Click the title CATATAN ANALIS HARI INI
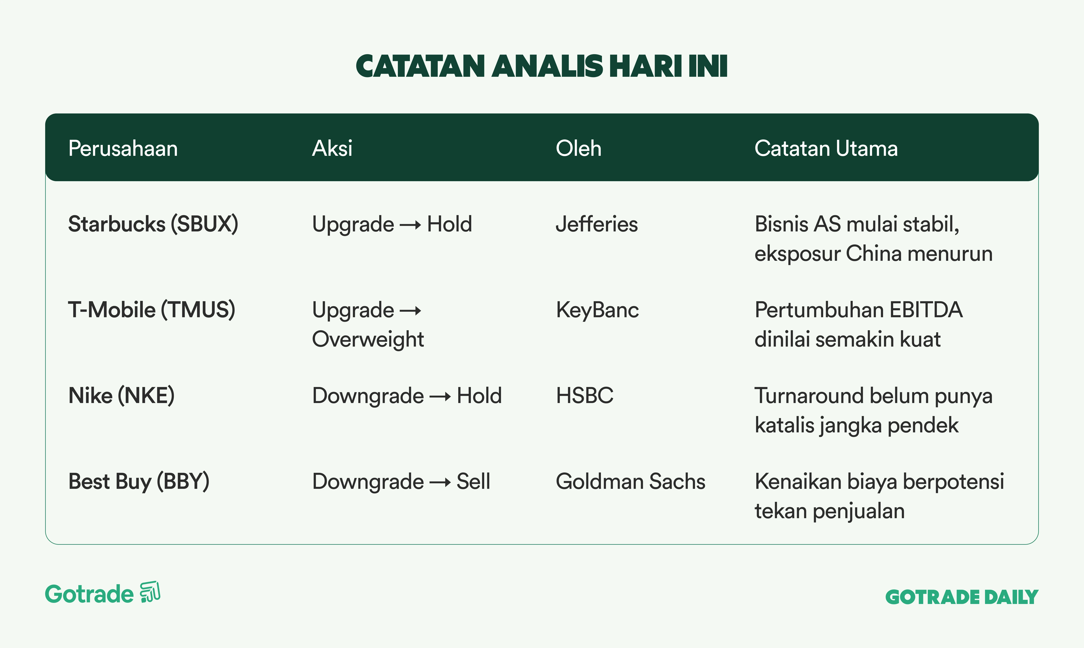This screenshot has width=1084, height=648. coord(542,66)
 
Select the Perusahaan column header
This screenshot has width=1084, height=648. coord(123,148)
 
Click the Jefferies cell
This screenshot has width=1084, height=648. coord(597,224)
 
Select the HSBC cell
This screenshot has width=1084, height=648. coord(584,396)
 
